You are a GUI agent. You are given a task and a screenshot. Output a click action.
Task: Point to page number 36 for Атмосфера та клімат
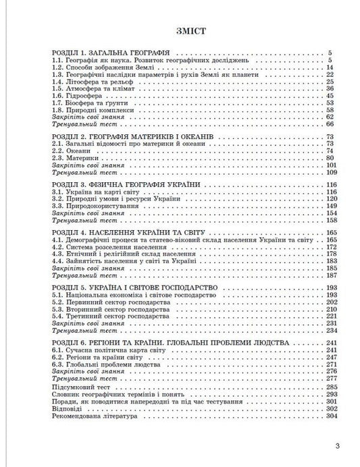330,88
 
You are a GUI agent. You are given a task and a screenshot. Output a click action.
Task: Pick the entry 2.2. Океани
70,151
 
